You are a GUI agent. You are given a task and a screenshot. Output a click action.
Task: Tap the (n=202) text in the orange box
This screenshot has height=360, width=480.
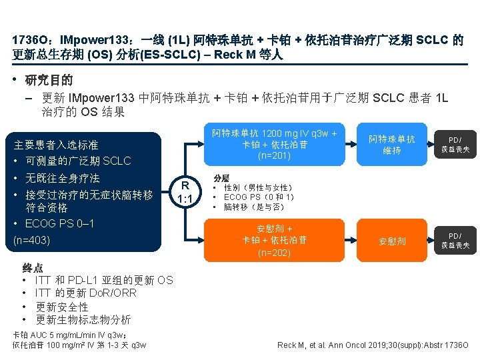275,253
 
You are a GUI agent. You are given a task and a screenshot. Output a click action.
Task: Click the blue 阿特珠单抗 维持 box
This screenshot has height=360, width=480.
391,145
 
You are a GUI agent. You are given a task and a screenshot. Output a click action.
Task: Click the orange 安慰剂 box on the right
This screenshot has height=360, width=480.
391,241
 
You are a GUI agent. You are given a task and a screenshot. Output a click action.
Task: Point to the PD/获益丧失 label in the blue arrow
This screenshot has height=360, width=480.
455,145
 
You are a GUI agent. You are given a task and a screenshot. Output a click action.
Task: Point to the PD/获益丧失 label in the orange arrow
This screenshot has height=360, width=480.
455,241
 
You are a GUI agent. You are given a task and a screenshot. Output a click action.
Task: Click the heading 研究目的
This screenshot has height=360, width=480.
49,81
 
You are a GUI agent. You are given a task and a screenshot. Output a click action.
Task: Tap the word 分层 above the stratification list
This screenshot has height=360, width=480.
221,179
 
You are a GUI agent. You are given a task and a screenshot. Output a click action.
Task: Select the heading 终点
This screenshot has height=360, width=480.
33,268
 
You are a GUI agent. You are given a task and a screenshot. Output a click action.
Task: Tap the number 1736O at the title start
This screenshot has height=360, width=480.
29,40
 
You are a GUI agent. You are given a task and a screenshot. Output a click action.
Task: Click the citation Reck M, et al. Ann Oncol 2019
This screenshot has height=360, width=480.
373,345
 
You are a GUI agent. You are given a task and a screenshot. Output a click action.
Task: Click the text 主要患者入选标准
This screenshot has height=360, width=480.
55,145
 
